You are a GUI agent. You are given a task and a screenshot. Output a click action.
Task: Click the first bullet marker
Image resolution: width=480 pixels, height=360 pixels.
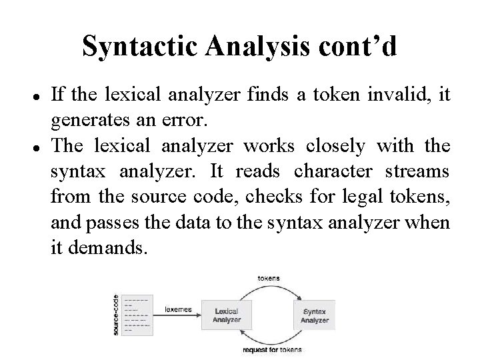point(33,95)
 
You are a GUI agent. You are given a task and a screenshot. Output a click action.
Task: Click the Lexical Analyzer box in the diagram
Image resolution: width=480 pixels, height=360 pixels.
point(227,315)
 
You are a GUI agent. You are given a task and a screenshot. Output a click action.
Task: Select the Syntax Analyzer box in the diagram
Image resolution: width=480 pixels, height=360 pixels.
point(315,315)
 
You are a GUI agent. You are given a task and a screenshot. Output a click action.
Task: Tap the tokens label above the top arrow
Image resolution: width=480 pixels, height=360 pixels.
point(269,277)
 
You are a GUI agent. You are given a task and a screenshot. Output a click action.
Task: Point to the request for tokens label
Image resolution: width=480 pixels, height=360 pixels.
point(271,349)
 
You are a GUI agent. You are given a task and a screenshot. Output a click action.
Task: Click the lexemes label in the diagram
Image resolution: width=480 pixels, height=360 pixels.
point(178,309)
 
